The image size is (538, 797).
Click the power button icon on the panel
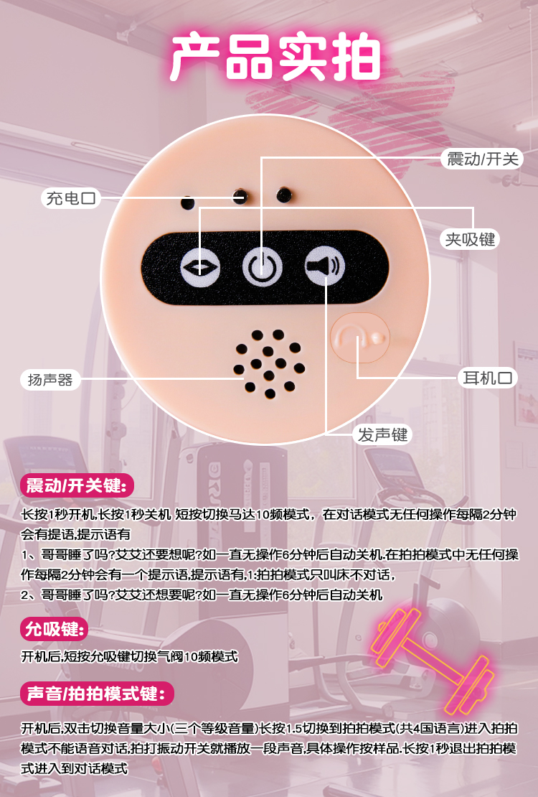click(x=262, y=268)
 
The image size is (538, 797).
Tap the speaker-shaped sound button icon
click(x=325, y=266)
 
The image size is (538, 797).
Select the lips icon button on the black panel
click(x=200, y=267)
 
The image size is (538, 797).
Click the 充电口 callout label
click(x=70, y=197)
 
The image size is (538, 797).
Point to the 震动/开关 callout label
click(x=482, y=159)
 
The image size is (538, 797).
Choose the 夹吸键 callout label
click(x=470, y=239)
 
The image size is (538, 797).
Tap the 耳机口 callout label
click(x=487, y=378)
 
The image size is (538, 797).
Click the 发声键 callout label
click(x=382, y=434)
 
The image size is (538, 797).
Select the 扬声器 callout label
click(x=50, y=380)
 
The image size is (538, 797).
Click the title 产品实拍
click(x=275, y=57)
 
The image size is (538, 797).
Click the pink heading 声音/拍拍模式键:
click(x=97, y=694)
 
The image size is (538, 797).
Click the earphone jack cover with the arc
click(x=359, y=338)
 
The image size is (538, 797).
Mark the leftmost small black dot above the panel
click(x=188, y=203)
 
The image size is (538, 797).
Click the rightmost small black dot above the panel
click(x=284, y=195)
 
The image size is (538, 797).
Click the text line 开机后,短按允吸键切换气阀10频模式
click(x=129, y=657)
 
